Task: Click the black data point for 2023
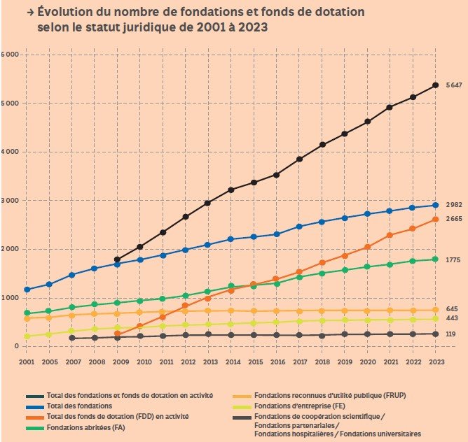435,85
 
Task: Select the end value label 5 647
455,85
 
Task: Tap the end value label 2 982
455,204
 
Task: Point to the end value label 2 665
455,219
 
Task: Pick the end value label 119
452,334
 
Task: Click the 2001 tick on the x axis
27,362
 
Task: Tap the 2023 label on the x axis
435,362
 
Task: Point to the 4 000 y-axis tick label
9,152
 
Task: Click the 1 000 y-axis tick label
9,298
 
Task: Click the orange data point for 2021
390,235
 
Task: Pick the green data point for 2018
322,273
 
